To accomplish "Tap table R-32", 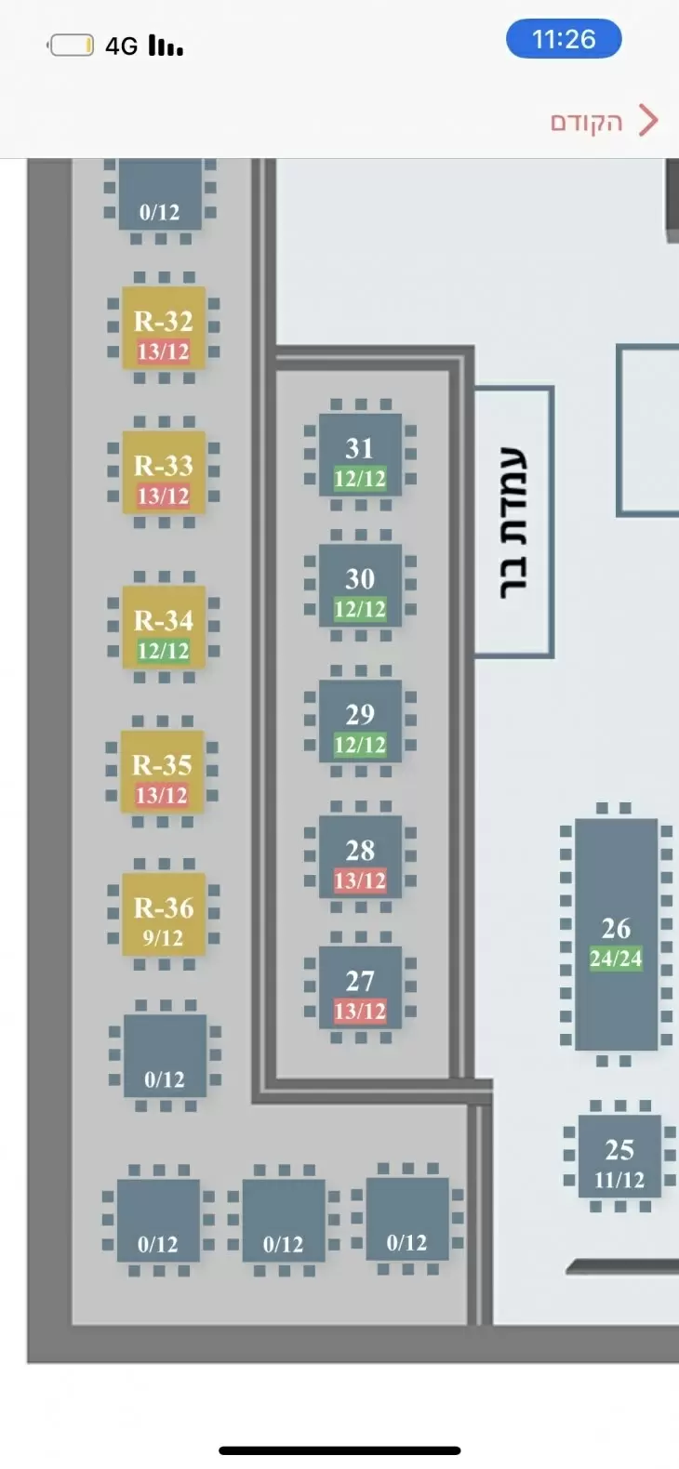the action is tap(164, 328).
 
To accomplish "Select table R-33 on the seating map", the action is tap(164, 472).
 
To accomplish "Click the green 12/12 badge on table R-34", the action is tap(164, 651).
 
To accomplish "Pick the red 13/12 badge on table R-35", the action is tap(162, 796).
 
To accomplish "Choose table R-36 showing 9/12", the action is tap(164, 914).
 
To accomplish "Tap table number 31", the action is tap(360, 455).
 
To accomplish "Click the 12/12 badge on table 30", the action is tap(360, 609).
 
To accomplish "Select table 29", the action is tap(360, 721).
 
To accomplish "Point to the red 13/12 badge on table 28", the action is tap(360, 880).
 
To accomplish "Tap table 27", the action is tap(360, 987).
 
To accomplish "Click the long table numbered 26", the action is tap(616, 933).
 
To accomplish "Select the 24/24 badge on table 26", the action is tap(616, 959).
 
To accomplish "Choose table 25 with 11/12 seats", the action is tap(620, 1156).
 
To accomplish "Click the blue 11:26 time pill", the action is tap(564, 39).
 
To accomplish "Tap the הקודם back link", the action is tap(586, 122).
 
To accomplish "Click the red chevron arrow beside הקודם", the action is tap(648, 121).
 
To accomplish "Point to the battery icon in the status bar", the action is tap(70, 46).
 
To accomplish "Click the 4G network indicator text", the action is tap(121, 46).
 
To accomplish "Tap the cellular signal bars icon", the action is tap(166, 46).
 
